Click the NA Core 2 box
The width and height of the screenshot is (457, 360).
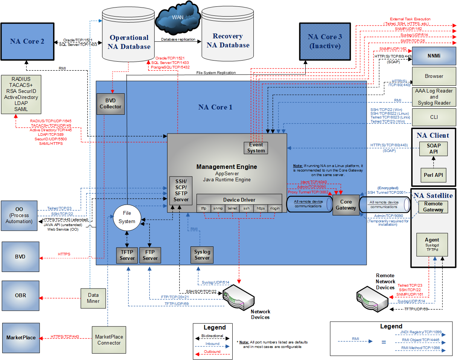point(27,41)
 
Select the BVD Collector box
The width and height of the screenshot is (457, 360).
point(110,104)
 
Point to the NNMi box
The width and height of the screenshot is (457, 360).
point(434,56)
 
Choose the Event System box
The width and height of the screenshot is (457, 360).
point(256,147)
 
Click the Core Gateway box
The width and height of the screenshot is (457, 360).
point(346,205)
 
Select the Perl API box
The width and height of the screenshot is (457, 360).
point(433,175)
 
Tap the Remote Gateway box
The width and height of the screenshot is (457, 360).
point(433,207)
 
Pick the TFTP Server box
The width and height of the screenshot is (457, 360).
point(127,255)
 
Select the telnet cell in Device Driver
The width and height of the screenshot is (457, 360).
point(232,208)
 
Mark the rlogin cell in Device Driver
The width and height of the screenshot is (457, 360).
point(275,208)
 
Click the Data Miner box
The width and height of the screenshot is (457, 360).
point(93,298)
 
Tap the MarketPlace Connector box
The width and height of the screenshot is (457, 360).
point(109,340)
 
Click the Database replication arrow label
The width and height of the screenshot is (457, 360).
point(178,39)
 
